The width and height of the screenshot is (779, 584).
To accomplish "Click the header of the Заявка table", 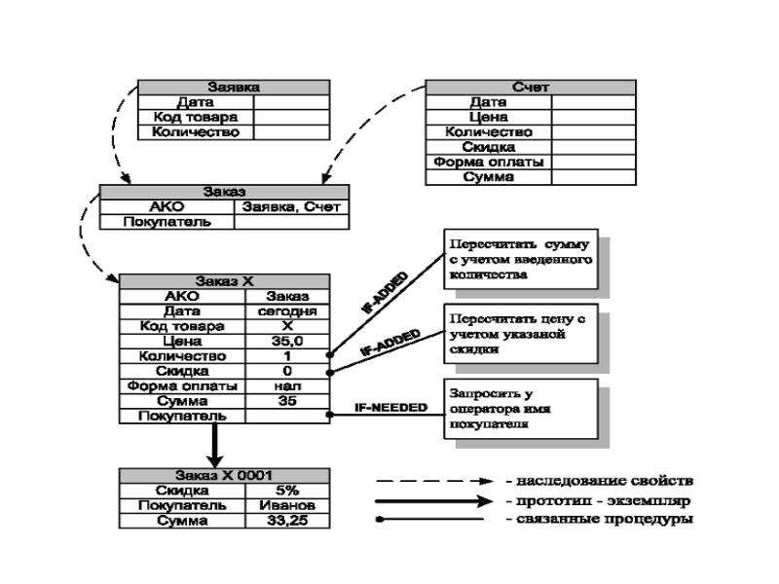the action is (x=234, y=88).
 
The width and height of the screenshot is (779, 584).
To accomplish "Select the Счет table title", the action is (x=531, y=88).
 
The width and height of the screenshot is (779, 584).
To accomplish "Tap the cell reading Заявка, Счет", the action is (x=291, y=207).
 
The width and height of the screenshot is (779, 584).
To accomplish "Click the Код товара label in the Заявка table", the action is (x=196, y=117).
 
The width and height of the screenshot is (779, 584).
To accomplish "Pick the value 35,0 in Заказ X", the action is (x=287, y=342).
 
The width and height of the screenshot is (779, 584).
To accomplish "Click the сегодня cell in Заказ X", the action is (x=287, y=311).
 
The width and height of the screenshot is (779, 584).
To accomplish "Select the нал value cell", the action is (x=287, y=385).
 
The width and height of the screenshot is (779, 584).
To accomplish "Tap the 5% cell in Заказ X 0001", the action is (x=287, y=491).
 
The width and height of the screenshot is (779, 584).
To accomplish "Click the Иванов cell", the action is (x=287, y=505).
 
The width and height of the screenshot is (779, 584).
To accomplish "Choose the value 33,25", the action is (x=287, y=521).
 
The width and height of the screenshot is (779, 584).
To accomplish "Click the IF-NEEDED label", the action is (x=391, y=407).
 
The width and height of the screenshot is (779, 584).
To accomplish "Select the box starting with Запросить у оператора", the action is (x=521, y=409).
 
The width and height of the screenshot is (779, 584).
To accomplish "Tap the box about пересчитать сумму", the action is (x=521, y=259).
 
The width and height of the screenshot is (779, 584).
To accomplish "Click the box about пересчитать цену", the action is (x=521, y=334).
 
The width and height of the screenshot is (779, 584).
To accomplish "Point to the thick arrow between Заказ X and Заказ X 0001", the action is (x=214, y=446).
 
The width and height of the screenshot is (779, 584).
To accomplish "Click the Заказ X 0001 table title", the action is (x=224, y=476).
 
